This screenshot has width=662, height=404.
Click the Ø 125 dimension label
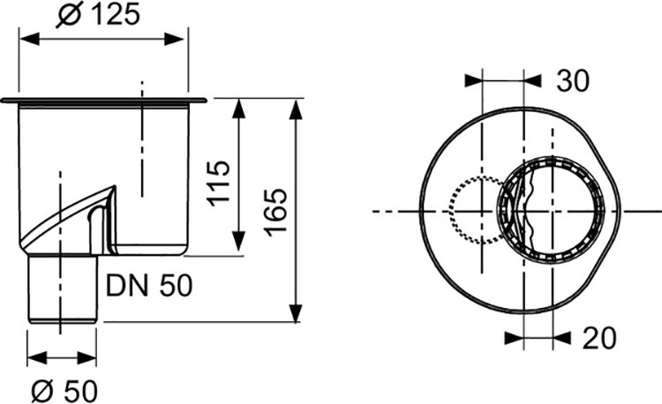pyautogui.click(x=97, y=15)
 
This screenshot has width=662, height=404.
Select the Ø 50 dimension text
pyautogui.click(x=64, y=391)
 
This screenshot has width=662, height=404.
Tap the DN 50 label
pyautogui.click(x=149, y=286)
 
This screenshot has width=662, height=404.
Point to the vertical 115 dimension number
pyautogui.click(x=219, y=183)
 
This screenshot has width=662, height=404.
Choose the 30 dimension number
pyautogui.click(x=573, y=80)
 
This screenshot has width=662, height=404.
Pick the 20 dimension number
pyautogui.click(x=599, y=338)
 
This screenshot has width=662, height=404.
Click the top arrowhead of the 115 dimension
pyautogui.click(x=238, y=108)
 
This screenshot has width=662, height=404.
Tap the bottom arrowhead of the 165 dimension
pyautogui.click(x=296, y=312)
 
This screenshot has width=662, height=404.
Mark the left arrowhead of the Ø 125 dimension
pyautogui.click(x=29, y=39)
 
